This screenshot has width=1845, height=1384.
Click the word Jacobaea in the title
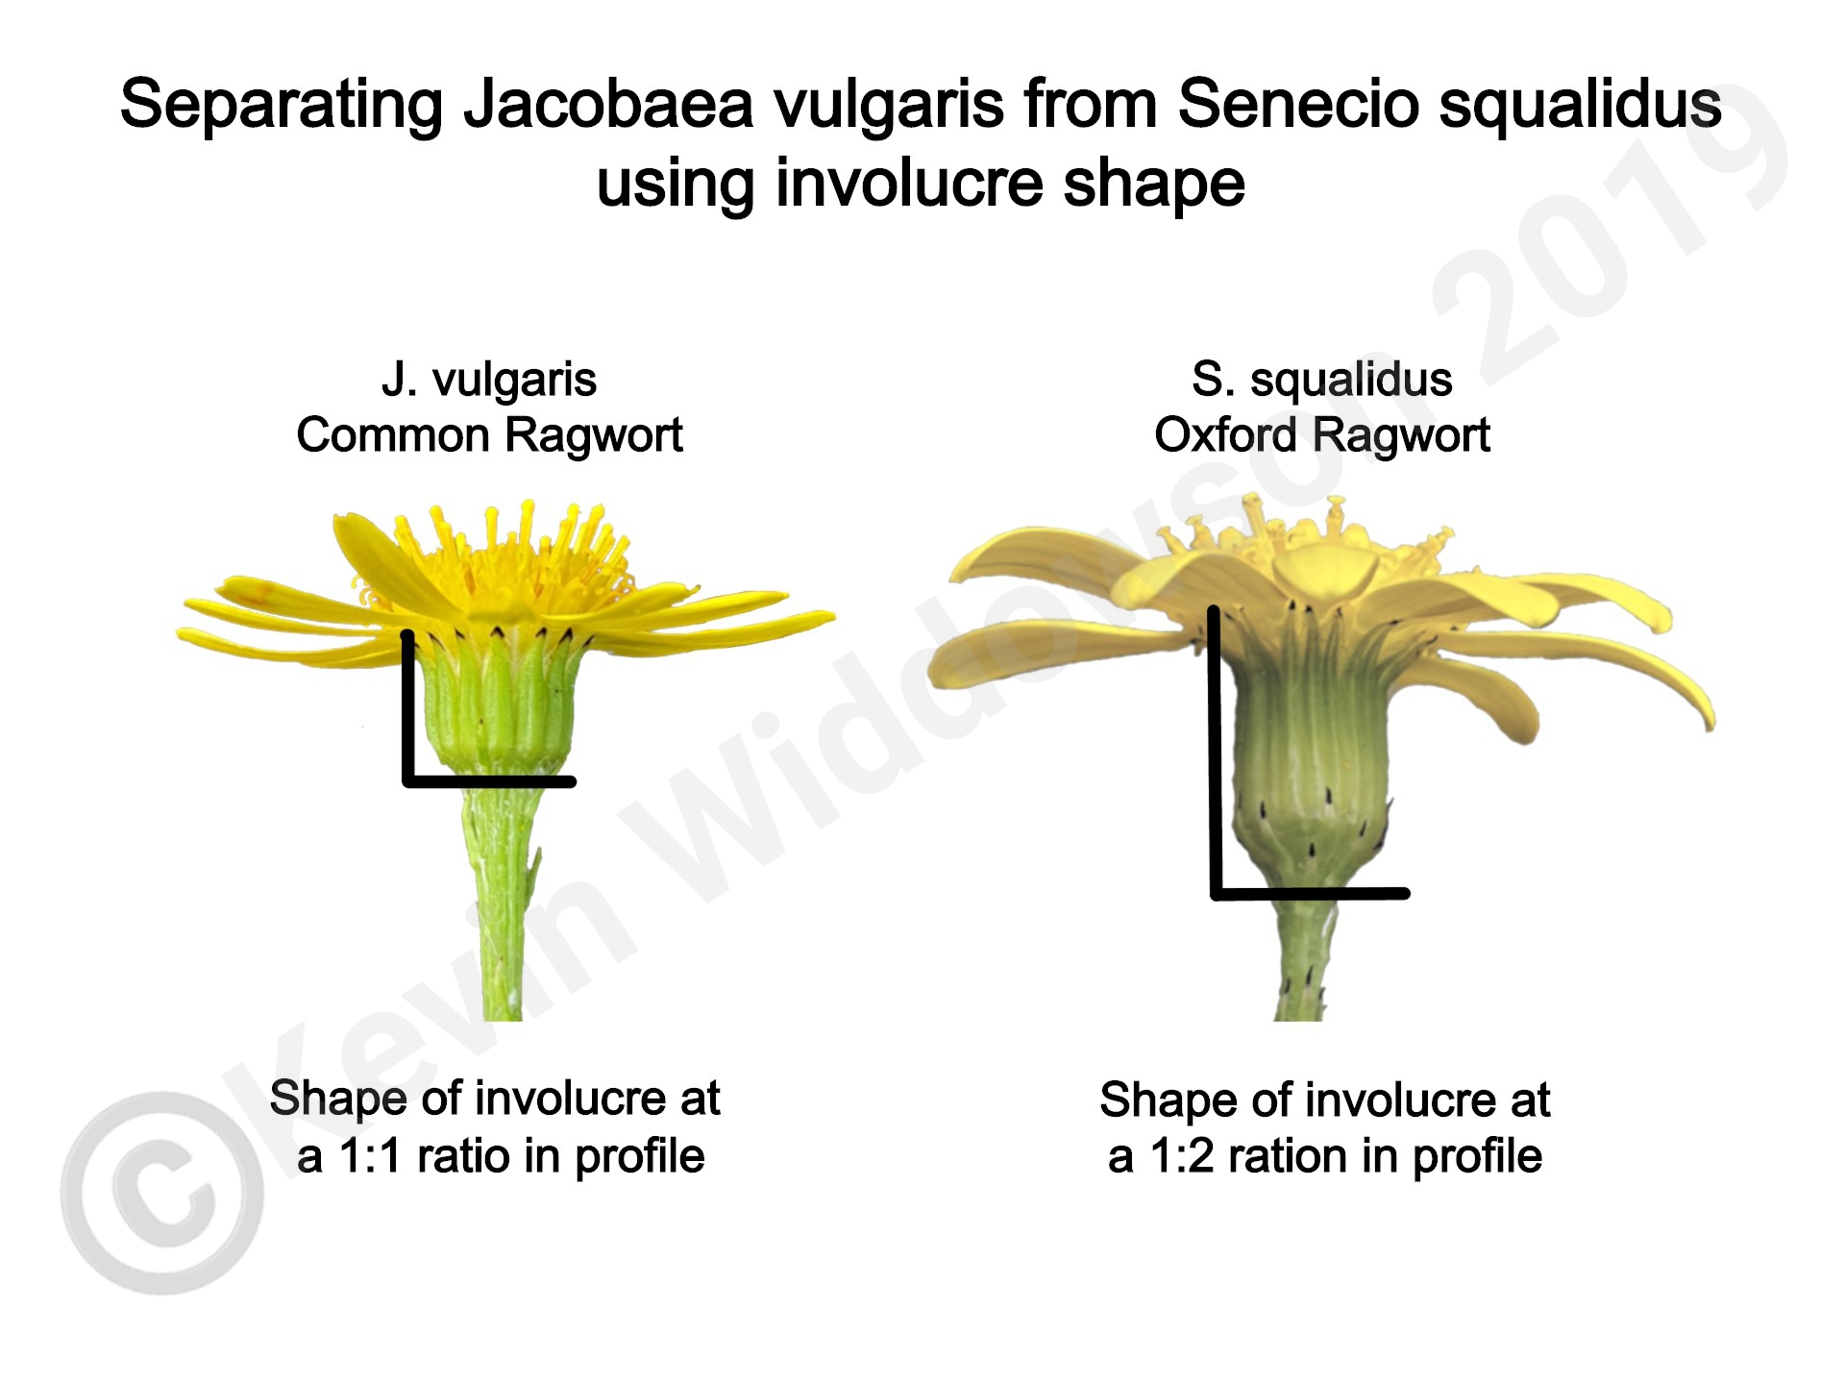608,105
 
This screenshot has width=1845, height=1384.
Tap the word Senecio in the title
1297,104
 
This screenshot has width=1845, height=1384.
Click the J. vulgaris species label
489,380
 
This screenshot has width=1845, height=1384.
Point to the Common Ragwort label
489,435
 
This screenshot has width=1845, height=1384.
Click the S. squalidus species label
1321,380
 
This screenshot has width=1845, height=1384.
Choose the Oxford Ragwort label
1321,435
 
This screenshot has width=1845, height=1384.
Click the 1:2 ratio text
1184,1155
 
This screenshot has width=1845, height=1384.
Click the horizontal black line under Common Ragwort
489,781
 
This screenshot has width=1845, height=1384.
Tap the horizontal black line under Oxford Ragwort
1310,893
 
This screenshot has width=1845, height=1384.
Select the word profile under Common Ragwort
640,1156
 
